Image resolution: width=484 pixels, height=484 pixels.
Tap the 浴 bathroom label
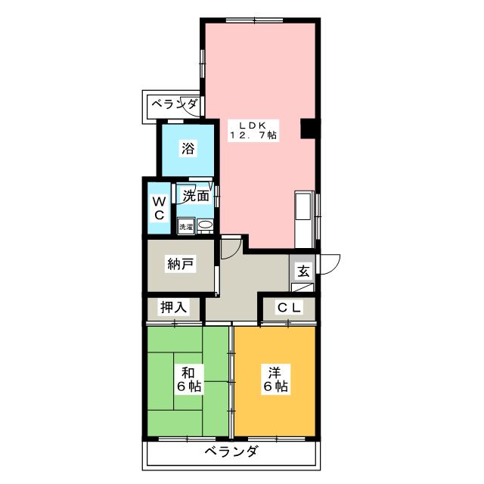(188, 149)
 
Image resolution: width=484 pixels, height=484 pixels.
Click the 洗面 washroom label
(196, 196)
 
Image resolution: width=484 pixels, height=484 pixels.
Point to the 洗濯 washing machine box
(185, 225)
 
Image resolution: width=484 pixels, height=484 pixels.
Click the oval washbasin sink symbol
(204, 225)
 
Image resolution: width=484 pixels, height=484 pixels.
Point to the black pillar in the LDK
(308, 129)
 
